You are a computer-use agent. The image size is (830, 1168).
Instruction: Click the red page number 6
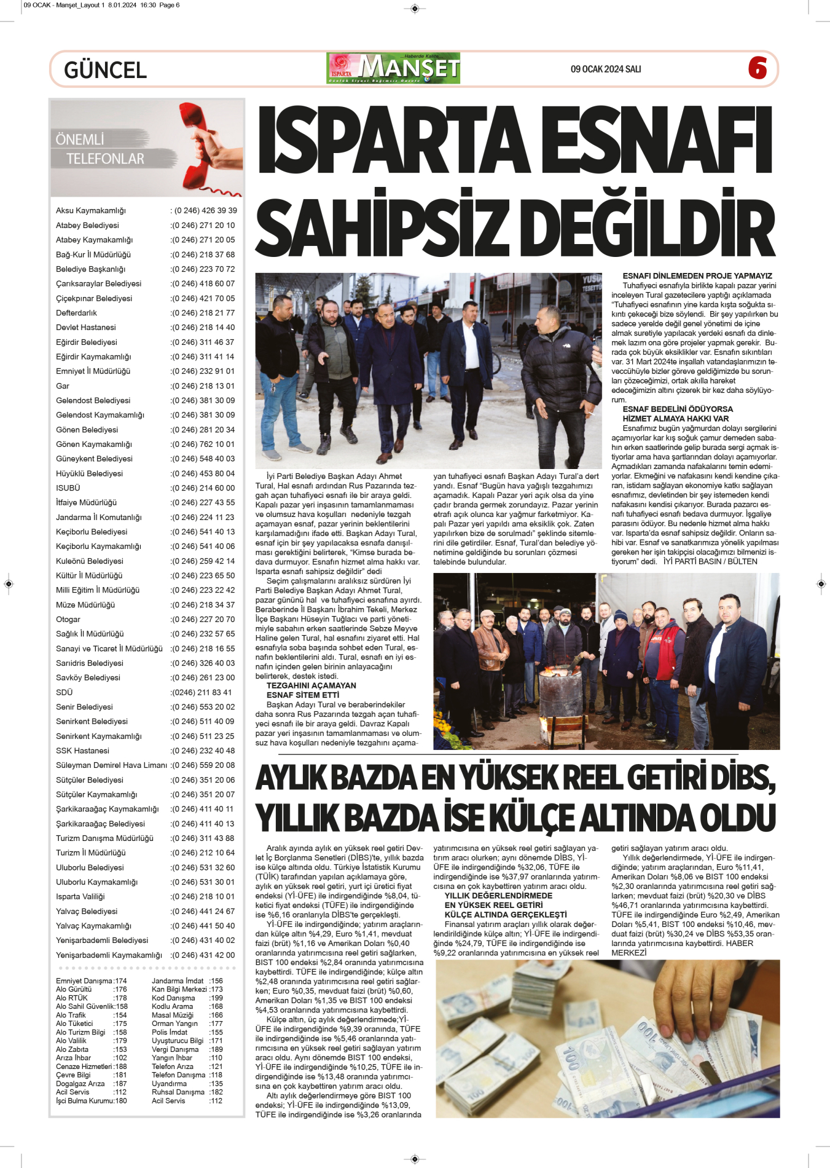pos(757,68)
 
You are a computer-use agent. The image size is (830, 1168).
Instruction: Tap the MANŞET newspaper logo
pos(393,68)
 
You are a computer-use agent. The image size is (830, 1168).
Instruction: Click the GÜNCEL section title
pos(105,70)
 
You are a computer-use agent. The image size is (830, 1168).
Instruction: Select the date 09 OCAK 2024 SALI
pos(605,69)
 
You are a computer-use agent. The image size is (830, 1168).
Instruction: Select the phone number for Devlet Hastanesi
pos(202,328)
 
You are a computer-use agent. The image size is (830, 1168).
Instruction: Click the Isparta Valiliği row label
pos(80,897)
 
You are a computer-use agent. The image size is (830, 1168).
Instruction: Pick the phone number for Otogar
pos(202,620)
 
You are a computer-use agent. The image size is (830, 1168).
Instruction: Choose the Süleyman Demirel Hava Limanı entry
pos(111,766)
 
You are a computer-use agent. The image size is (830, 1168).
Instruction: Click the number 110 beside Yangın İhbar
pos(216,1058)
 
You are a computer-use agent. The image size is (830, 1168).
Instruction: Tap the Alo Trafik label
pos(71,1016)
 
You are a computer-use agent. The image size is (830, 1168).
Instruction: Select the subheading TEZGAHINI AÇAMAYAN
pos(311,685)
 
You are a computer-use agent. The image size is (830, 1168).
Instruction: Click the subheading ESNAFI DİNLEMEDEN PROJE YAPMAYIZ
pos(697,276)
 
